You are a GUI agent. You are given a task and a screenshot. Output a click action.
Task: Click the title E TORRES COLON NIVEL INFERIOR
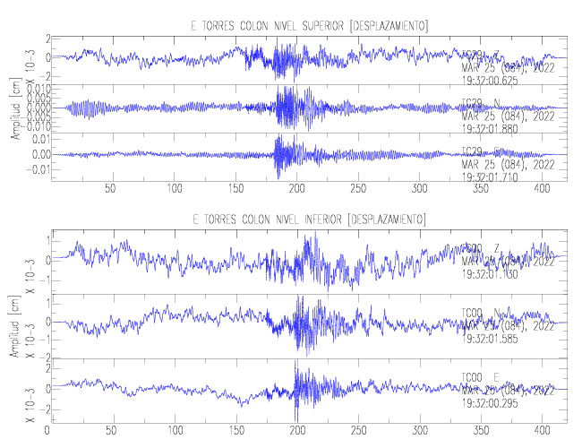310,220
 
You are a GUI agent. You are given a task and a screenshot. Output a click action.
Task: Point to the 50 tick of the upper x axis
111,189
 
